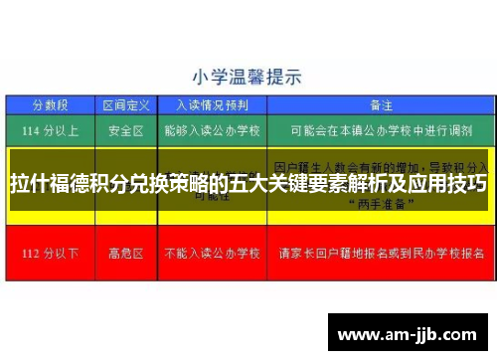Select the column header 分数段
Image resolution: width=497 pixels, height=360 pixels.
[50, 104]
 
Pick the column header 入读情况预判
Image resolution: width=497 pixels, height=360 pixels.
[212, 104]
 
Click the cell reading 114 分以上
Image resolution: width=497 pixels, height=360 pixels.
[50, 130]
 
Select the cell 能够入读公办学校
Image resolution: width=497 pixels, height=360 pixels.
[212, 130]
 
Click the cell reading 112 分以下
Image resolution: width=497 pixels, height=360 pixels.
[50, 252]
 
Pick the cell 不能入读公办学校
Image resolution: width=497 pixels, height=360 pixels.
[212, 252]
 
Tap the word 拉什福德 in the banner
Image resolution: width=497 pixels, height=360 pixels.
[51, 185]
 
